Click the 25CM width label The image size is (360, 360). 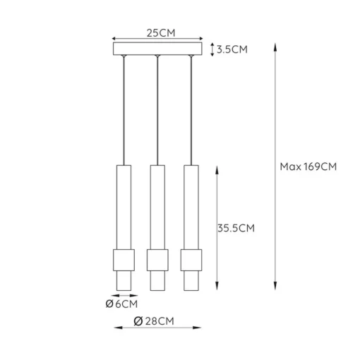161,33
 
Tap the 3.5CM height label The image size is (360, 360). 232,49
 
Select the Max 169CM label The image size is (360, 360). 308,167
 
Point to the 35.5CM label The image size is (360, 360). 236,228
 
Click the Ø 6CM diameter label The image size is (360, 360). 121,304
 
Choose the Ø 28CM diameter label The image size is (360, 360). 154,321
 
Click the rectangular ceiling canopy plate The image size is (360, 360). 157,49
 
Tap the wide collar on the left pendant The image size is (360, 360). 124,260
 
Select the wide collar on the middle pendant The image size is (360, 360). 157,260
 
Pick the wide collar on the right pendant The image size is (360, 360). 191,260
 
